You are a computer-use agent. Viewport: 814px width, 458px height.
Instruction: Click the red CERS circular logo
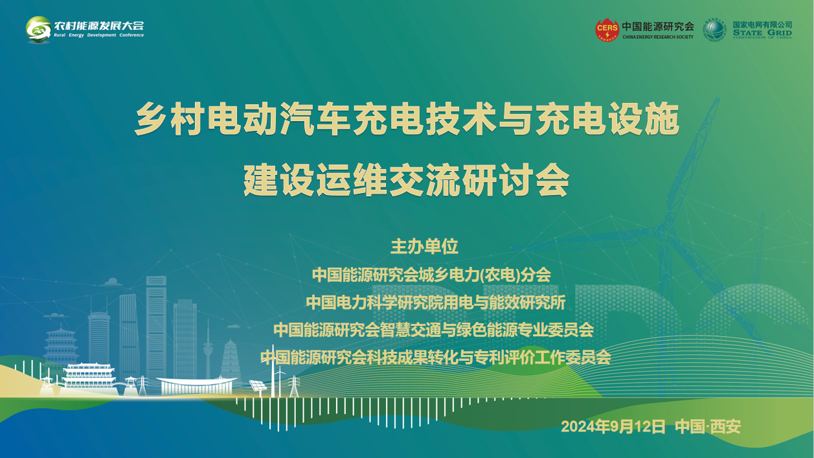coord(607,30)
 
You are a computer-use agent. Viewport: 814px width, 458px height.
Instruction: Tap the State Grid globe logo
coord(714,30)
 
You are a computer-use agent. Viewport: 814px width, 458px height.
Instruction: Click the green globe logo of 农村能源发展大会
coord(38,29)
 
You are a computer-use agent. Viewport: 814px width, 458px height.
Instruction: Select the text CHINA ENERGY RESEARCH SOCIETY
coord(658,37)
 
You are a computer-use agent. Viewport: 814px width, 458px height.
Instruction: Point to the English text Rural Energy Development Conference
coord(99,35)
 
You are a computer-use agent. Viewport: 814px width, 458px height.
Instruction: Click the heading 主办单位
coord(424,246)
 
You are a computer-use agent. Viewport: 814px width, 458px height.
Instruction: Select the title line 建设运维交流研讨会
coord(406,180)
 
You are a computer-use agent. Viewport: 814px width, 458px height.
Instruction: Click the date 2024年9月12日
coord(613,426)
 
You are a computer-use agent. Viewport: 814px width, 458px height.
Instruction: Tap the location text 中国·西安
coord(708,426)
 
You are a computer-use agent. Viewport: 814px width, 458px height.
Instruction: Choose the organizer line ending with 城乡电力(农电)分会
coord(431,275)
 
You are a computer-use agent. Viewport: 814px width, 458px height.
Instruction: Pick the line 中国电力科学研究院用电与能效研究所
coord(435,303)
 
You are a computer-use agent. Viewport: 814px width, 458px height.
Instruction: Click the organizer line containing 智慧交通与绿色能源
coord(433,330)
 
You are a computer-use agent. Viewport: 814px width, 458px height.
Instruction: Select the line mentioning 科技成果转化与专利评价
coord(436,358)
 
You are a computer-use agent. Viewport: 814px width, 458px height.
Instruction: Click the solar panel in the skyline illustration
coord(258,385)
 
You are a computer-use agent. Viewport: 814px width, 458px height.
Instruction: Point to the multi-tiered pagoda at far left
coord(61,345)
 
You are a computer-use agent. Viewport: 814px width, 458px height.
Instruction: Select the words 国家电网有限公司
coord(762,25)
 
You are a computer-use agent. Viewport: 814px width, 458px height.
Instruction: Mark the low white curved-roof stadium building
coord(197,386)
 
